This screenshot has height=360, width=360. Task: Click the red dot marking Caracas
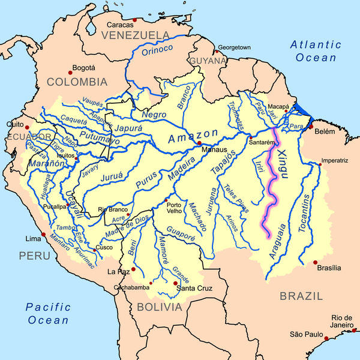(x=134, y=20)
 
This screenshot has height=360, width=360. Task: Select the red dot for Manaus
(x=199, y=143)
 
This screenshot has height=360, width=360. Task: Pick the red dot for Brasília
(x=316, y=262)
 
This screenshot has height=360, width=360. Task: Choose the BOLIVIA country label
(x=159, y=307)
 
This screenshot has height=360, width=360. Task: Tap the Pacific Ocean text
(x=48, y=314)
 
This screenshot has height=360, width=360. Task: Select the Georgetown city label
(x=233, y=47)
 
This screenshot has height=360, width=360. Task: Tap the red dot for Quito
(x=26, y=127)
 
